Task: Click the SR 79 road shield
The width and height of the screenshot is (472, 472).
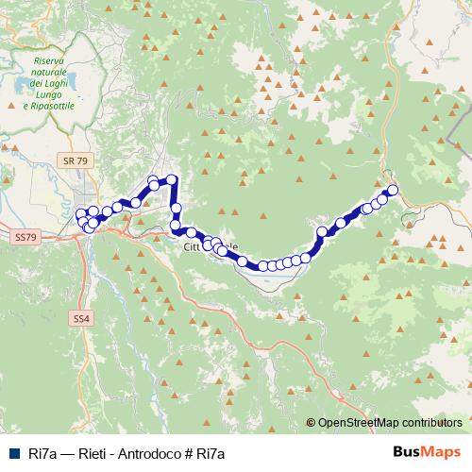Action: (76, 161)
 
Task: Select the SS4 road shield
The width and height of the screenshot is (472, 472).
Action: (81, 320)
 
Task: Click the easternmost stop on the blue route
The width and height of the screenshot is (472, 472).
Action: (393, 191)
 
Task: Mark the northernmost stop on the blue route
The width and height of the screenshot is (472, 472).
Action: (172, 178)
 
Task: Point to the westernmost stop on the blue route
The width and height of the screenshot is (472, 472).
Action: (80, 214)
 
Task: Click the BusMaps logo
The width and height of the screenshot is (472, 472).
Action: (426, 451)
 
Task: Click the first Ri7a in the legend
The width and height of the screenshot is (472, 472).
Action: (38, 452)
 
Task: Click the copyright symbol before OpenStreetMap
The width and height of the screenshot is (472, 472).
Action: (311, 423)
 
